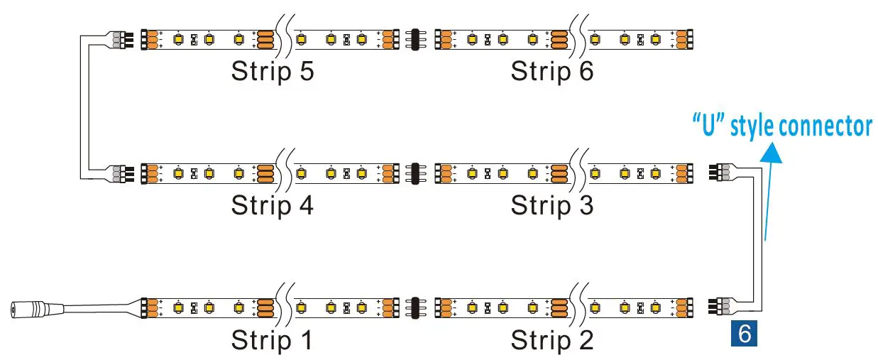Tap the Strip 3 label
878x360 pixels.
552,205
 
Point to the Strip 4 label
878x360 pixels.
272,205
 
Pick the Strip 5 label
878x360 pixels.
272,71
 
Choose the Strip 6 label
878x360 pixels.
552,71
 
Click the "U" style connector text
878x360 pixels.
781,126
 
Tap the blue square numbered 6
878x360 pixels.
744,334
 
